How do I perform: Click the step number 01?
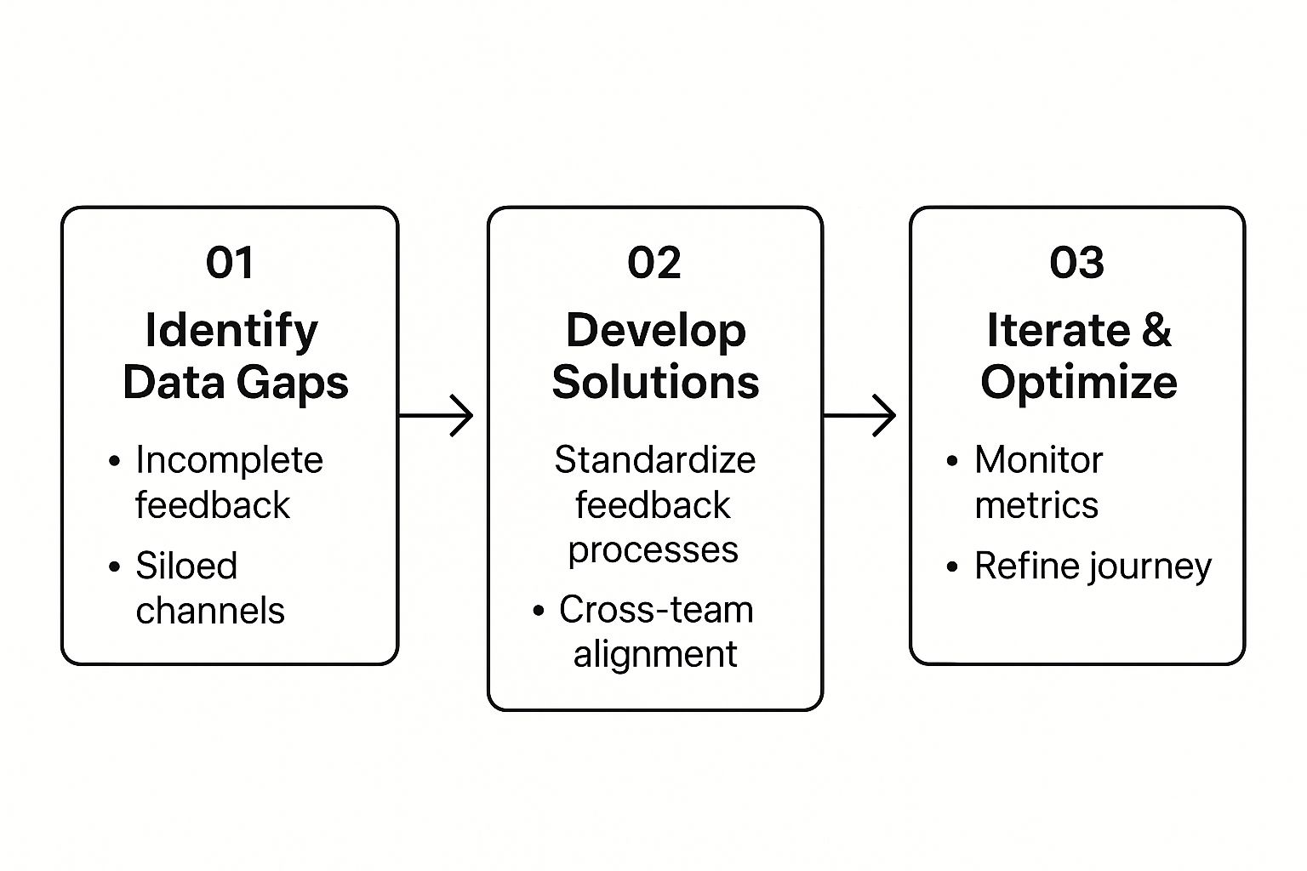[x=229, y=263]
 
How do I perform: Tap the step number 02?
[x=654, y=263]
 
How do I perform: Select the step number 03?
[x=1076, y=263]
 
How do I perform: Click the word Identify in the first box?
[x=231, y=331]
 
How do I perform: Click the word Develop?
[x=656, y=332]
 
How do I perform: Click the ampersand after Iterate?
[x=1156, y=331]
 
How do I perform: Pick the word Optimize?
[x=1079, y=384]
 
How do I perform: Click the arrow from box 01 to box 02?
[x=436, y=415]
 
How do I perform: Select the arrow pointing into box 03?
[x=859, y=415]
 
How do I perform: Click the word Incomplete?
[x=229, y=461]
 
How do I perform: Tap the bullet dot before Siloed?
[x=114, y=566]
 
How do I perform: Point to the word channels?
[x=210, y=611]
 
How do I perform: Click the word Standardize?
[x=654, y=459]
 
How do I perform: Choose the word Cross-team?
[x=656, y=610]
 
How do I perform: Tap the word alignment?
[x=655, y=655]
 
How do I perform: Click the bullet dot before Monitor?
[x=952, y=461]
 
